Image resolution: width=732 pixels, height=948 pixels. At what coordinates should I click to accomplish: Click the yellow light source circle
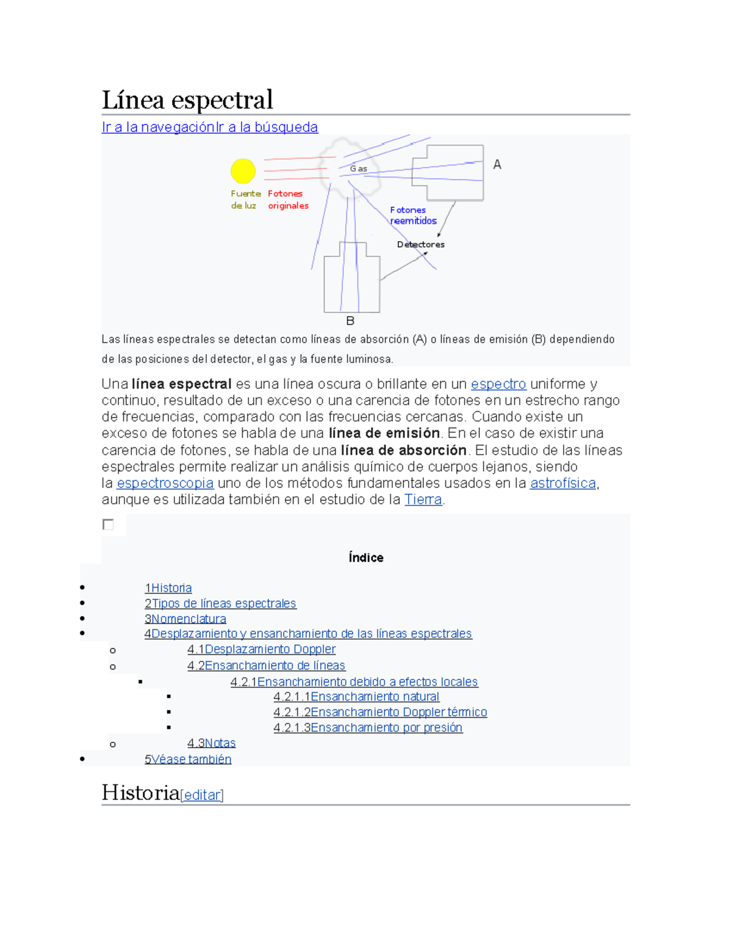[243, 171]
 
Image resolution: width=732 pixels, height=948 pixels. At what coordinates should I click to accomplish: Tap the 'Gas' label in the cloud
[358, 168]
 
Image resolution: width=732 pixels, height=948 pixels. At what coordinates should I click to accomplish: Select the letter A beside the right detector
[497, 164]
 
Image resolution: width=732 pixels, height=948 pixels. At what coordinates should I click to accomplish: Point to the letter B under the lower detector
[350, 320]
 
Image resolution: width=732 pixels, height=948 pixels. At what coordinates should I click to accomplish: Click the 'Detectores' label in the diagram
[420, 244]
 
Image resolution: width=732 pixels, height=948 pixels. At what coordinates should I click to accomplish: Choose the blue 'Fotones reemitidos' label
[413, 215]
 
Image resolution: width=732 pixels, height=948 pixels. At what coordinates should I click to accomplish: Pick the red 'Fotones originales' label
[287, 200]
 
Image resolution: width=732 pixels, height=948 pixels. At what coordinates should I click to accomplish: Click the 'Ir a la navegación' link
[158, 127]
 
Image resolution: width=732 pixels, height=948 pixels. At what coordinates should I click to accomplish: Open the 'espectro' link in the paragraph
[498, 384]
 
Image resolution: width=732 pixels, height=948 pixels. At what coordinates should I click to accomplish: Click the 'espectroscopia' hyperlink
[165, 483]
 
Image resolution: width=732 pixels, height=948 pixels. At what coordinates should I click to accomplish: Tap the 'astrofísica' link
[562, 483]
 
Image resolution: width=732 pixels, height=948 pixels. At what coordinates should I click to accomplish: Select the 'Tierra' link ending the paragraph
[423, 499]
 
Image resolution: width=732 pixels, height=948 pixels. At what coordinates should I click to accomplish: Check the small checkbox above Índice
[109, 524]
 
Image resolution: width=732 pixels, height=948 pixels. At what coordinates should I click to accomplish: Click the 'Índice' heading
[365, 557]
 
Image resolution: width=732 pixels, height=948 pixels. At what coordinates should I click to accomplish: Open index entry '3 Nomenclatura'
[185, 618]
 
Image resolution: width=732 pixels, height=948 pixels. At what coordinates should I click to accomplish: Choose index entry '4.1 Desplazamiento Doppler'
[261, 649]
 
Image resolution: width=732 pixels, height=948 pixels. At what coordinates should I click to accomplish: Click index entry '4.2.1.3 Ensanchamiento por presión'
[368, 727]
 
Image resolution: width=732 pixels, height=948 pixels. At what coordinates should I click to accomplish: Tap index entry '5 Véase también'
[188, 759]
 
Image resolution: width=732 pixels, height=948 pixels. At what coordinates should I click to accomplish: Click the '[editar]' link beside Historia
[202, 795]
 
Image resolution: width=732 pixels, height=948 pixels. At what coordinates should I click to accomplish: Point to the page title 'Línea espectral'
[187, 100]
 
